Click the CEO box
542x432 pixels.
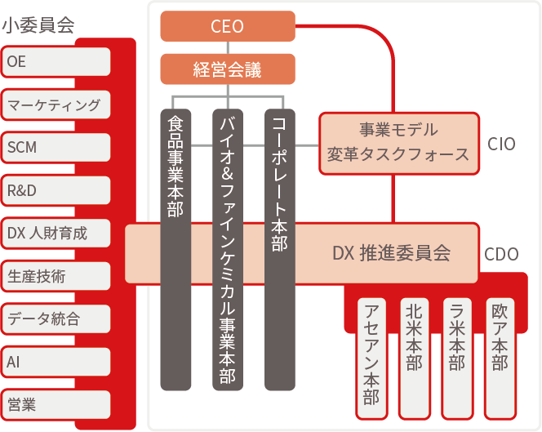click(x=228, y=26)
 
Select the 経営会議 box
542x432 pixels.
click(x=228, y=69)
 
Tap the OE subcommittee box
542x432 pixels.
click(x=56, y=61)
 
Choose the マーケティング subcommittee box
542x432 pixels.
click(x=56, y=105)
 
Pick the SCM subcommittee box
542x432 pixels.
click(x=56, y=147)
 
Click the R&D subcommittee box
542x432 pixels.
click(x=56, y=190)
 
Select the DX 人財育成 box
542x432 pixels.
click(x=56, y=233)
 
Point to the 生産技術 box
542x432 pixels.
click(x=56, y=276)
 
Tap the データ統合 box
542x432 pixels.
click(x=56, y=319)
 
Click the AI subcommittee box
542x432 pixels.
click(x=56, y=362)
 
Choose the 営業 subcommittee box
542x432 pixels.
click(x=56, y=405)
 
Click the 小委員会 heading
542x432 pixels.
click(x=38, y=25)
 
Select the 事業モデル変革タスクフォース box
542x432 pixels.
click(x=399, y=143)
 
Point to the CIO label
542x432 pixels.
click(x=501, y=144)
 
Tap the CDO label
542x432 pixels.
click(x=501, y=254)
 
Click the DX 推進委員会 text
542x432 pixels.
click(x=391, y=253)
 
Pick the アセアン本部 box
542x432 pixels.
click(x=371, y=359)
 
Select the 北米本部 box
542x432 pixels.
click(x=414, y=359)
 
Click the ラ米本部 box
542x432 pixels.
click(x=457, y=359)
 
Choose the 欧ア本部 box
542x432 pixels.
click(x=500, y=359)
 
